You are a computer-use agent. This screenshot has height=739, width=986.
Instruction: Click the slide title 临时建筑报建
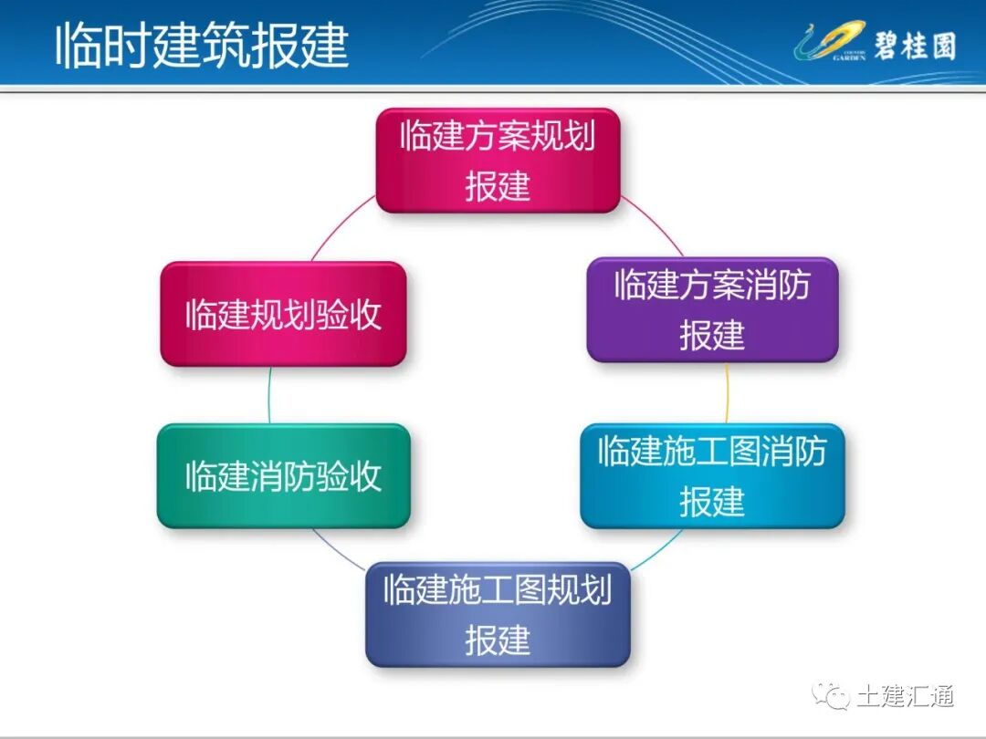coord(202,46)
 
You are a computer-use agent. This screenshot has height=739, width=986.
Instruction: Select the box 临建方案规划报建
coord(498,161)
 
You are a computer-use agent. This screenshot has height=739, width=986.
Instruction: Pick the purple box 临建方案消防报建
coord(712,309)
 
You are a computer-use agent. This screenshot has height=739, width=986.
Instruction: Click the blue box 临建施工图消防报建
coord(712,475)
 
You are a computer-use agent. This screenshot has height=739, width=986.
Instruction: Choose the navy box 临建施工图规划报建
coord(498,614)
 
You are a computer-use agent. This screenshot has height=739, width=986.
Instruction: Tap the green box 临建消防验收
coord(283,475)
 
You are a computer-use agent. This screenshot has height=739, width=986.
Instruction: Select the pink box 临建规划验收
coord(283,314)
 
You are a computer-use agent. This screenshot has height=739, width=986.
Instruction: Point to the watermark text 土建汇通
coord(905,696)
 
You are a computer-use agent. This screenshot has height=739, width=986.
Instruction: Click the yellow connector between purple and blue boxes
coord(727,393)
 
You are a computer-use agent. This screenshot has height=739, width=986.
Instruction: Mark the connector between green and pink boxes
coord(269,395)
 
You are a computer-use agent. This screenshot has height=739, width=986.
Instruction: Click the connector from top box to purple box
coord(652,225)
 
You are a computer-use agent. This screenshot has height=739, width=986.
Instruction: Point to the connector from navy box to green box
coord(338,547)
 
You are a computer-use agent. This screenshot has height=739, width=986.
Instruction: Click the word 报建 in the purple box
coord(712,335)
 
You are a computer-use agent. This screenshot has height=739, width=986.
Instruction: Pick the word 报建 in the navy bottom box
coord(498,640)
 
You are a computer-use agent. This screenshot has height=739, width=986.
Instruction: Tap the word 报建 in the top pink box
coord(498,186)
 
